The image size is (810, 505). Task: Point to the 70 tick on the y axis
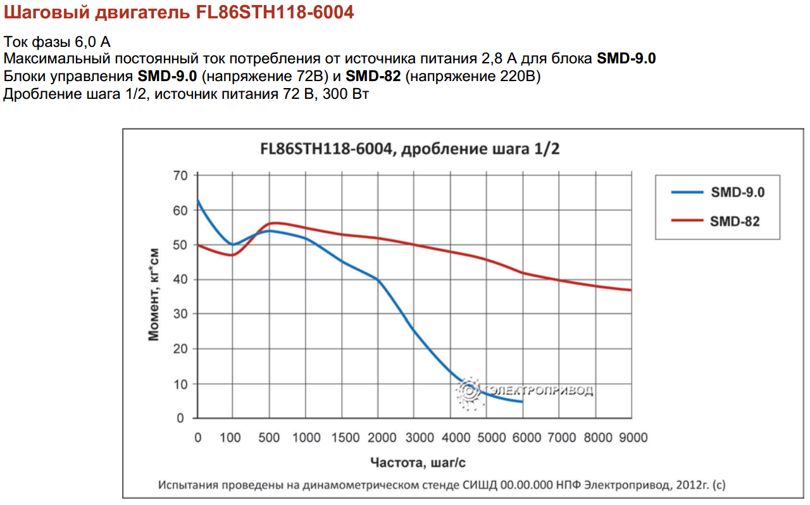(180, 176)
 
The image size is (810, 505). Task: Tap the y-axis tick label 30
(180, 314)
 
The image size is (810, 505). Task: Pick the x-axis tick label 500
(270, 438)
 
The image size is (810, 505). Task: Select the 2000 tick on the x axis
(378, 438)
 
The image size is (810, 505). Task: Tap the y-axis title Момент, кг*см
(154, 295)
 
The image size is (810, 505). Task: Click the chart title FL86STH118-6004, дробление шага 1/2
(410, 150)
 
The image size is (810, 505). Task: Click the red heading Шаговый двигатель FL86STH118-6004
(178, 13)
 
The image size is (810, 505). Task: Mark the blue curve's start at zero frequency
(198, 200)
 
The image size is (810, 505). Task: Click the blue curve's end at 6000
(522, 402)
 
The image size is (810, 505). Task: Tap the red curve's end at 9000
(631, 290)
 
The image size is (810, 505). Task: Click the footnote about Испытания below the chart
(442, 485)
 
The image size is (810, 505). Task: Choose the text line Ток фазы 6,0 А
(58, 42)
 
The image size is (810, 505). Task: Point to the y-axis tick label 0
(180, 419)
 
